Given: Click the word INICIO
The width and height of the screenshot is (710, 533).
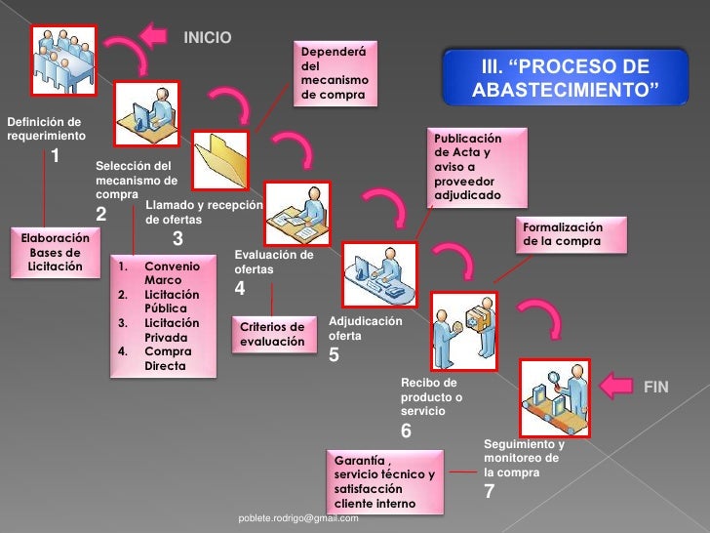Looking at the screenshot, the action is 208,37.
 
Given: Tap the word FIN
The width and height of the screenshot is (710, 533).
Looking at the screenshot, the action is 656,387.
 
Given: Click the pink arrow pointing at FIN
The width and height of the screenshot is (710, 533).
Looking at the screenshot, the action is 615,386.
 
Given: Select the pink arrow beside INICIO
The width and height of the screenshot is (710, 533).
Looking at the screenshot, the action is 153,35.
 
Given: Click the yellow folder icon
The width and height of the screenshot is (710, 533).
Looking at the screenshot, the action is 220,160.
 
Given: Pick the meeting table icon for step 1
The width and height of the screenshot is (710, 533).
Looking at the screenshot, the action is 63,61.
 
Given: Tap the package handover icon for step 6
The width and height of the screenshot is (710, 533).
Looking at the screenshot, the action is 464,331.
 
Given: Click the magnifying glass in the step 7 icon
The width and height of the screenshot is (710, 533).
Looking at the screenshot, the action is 554,378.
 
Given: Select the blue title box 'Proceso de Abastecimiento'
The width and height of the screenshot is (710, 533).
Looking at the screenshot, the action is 565,77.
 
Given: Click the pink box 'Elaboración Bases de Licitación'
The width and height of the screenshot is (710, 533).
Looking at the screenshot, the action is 56,253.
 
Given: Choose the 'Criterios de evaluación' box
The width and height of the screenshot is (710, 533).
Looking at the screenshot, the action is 274,334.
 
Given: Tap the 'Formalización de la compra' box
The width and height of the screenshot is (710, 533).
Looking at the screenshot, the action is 572,234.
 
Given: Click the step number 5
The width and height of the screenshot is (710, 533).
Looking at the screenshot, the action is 334,355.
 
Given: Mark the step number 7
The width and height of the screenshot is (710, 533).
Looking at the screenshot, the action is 489,491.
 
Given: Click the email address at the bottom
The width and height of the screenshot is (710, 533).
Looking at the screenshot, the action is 298,518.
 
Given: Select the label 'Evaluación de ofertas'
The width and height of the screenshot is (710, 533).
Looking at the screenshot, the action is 274,262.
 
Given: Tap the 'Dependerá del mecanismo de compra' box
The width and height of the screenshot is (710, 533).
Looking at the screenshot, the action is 335,73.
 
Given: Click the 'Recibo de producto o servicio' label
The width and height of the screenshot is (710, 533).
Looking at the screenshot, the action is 431,396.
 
